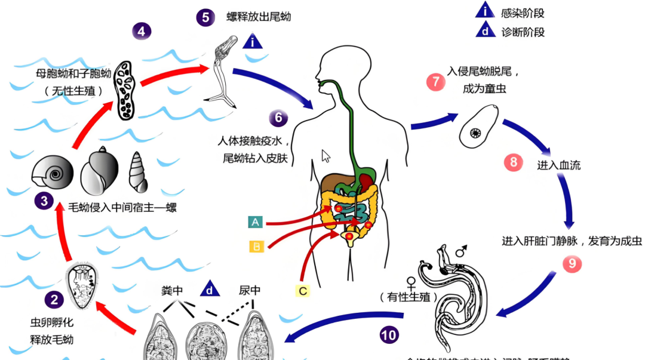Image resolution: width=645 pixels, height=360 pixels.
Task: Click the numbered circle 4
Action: (x=142, y=30)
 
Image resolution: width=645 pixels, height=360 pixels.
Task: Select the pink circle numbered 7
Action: (x=435, y=81)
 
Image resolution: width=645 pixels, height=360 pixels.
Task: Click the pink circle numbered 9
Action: (x=572, y=263)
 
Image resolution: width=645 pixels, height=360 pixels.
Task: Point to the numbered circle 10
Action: (x=389, y=335)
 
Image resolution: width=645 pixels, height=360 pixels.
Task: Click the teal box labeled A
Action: (x=256, y=223)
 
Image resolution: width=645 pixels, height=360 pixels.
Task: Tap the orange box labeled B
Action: (x=256, y=245)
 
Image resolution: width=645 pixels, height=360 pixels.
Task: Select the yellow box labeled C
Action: (x=303, y=291)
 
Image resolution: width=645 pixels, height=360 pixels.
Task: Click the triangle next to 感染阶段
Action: (x=484, y=11)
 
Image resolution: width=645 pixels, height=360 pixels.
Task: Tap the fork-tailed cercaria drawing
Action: (x=226, y=72)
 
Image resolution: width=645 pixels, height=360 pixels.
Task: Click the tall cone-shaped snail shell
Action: (x=139, y=173)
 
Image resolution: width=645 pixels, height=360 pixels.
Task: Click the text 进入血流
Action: (x=558, y=164)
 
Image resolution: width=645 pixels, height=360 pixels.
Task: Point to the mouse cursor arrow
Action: (x=326, y=156)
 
